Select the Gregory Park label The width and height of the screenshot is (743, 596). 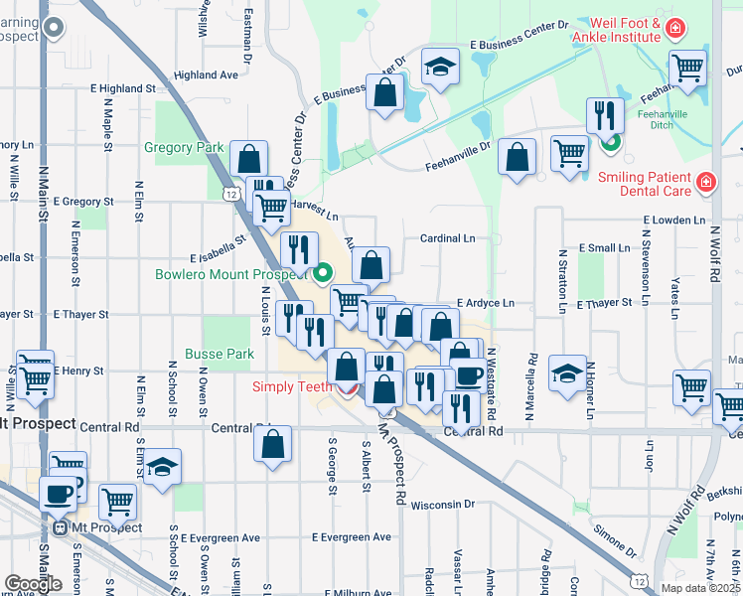point(184,147)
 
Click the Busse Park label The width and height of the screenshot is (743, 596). point(219,354)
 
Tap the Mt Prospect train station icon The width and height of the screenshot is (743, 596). point(61,528)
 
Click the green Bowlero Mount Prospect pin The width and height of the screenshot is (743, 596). point(324,273)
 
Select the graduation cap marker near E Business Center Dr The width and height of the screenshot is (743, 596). point(440,66)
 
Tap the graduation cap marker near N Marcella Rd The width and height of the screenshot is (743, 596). point(566,373)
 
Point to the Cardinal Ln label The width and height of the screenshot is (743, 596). point(447,238)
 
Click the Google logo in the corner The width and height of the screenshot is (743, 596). point(32,584)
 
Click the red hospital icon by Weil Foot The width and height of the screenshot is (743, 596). point(675,29)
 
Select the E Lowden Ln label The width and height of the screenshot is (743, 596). point(673,220)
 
